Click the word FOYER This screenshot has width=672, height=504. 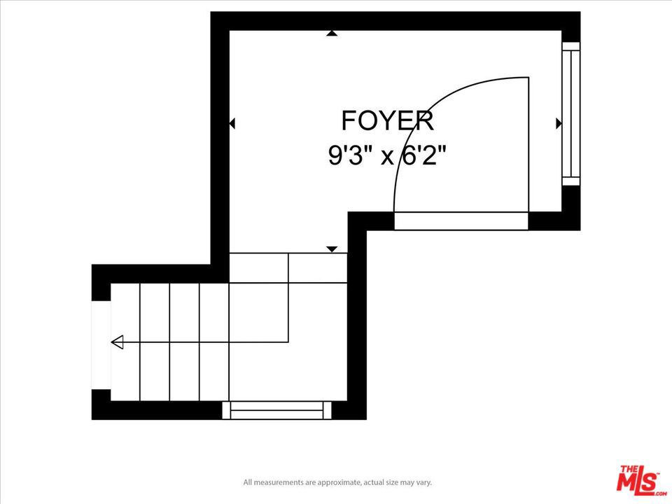click(x=387, y=121)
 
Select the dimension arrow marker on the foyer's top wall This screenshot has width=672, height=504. click(x=331, y=33)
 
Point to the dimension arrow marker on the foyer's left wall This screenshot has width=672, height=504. click(x=232, y=123)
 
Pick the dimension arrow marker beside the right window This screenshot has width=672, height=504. click(x=559, y=123)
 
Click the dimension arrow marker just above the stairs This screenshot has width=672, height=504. click(x=332, y=249)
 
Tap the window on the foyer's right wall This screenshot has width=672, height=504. click(x=571, y=113)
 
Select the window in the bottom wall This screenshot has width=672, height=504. click(x=277, y=410)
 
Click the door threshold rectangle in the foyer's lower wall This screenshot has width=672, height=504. click(x=461, y=220)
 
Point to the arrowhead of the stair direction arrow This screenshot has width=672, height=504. click(x=117, y=342)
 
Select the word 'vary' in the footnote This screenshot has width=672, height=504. click(x=423, y=482)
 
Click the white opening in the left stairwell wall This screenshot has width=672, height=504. click(x=101, y=345)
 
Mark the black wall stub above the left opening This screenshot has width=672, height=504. click(x=101, y=283)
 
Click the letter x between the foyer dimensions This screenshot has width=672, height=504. click(x=387, y=157)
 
